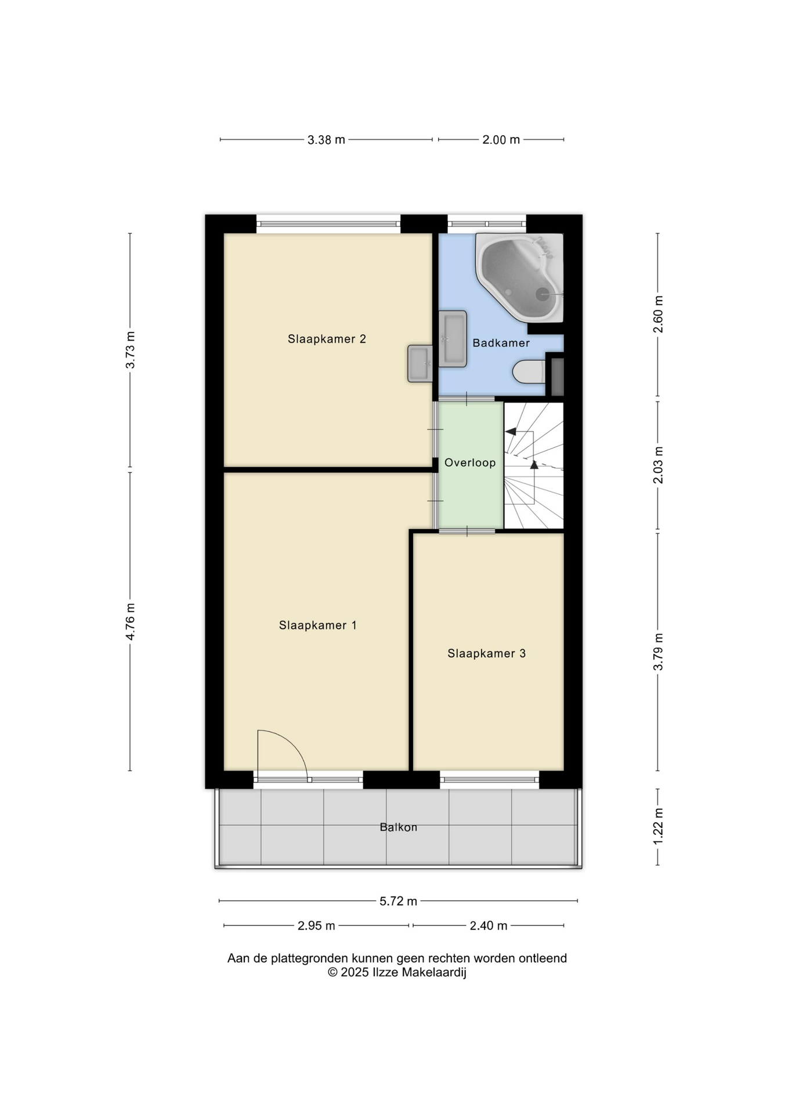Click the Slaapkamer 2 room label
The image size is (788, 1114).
pyautogui.click(x=327, y=339)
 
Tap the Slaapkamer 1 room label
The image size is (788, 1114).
pyautogui.click(x=317, y=625)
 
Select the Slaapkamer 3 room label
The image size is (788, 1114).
pyautogui.click(x=486, y=653)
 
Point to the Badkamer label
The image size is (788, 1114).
pyautogui.click(x=501, y=343)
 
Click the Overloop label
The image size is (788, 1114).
pyautogui.click(x=470, y=462)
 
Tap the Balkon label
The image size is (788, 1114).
pyautogui.click(x=398, y=827)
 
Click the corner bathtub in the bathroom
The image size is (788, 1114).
pyautogui.click(x=520, y=277)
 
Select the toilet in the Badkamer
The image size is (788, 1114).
pyautogui.click(x=529, y=372)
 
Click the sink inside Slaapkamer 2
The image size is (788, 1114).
pyautogui.click(x=420, y=363)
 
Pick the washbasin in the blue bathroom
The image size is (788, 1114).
pyautogui.click(x=453, y=339)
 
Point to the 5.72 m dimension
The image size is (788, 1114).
pyautogui.click(x=398, y=901)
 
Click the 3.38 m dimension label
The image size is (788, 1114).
pyautogui.click(x=326, y=140)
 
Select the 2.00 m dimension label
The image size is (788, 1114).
pyautogui.click(x=501, y=140)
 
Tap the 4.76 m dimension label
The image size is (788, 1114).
pyautogui.click(x=131, y=621)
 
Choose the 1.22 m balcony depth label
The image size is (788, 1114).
pyautogui.click(x=658, y=827)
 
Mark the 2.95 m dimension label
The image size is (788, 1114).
pyautogui.click(x=316, y=925)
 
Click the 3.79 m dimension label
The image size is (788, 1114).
pyautogui.click(x=658, y=652)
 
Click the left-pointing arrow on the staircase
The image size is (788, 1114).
pyautogui.click(x=511, y=431)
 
